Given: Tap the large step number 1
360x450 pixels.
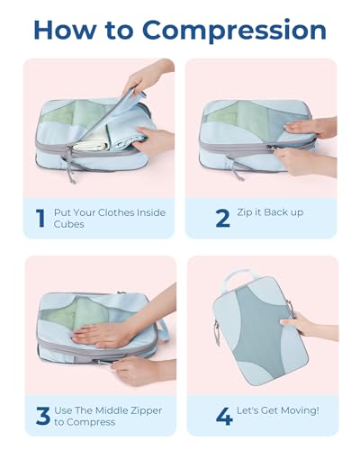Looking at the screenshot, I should [x=39, y=216].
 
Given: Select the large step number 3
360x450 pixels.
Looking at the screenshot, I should [x=40, y=416].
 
